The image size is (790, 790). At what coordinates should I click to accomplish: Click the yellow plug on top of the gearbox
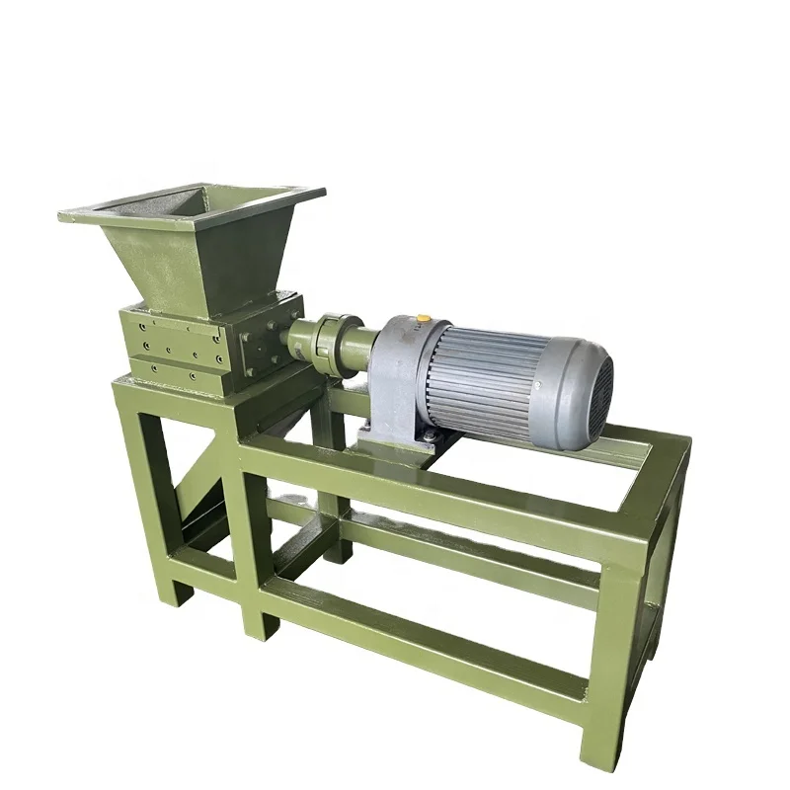tap(424, 319)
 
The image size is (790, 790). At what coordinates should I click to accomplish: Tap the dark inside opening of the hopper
tap(197, 202)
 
